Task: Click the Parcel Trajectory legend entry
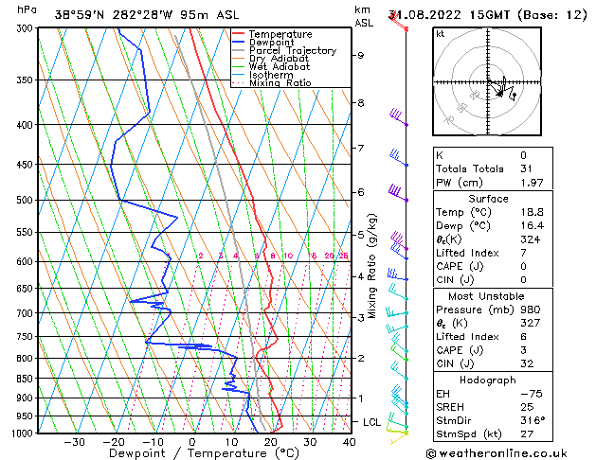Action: pos(292,50)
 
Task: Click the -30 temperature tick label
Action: pos(74,441)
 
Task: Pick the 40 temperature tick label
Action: pos(349,441)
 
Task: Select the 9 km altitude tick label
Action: pos(360,55)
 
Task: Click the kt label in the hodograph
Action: pos(440,33)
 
